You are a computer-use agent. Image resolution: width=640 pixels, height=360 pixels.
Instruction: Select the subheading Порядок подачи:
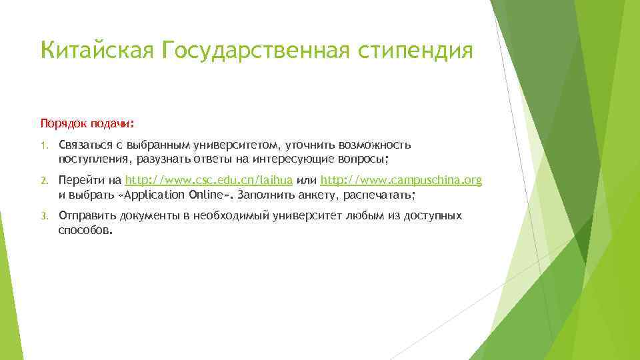87,123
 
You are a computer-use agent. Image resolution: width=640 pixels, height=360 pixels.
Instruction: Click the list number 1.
44,145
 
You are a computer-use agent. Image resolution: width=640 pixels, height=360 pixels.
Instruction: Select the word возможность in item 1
375,145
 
